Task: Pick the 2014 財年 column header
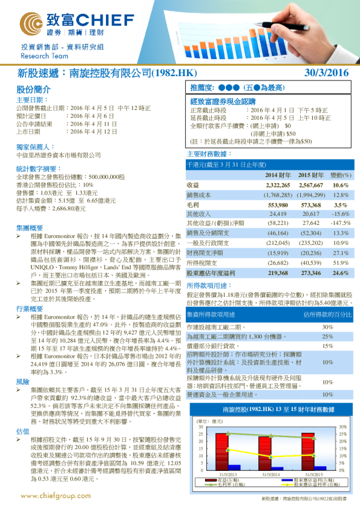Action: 278,174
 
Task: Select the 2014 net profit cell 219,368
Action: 277,273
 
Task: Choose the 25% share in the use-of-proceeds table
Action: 327,337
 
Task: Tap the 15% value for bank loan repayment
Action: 327,346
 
